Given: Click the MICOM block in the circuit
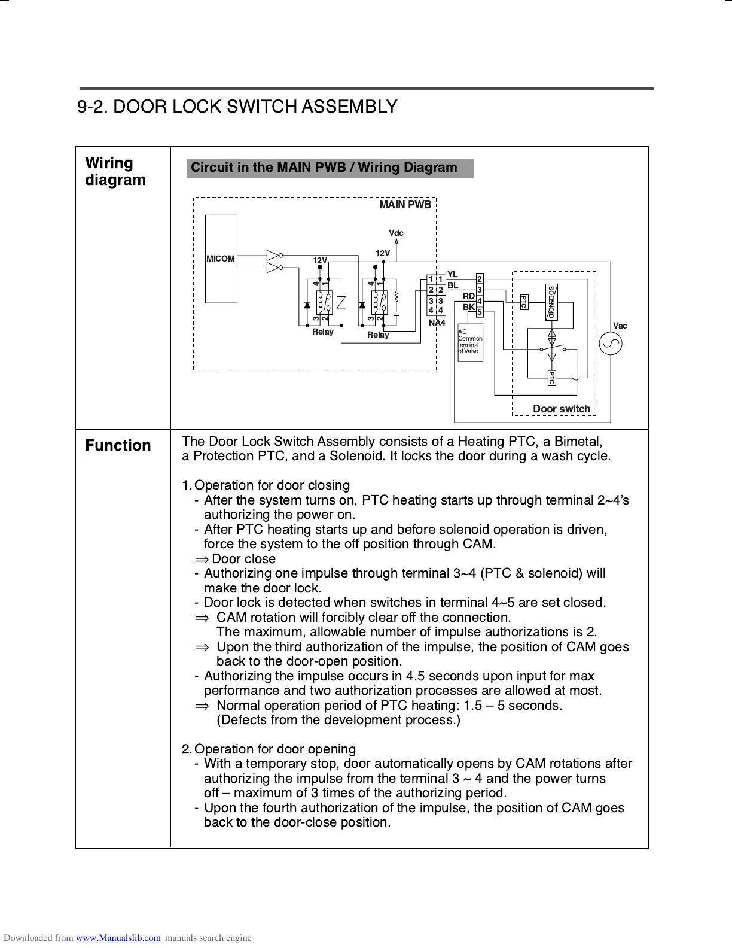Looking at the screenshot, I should [x=221, y=259].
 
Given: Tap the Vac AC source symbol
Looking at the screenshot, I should [x=611, y=344].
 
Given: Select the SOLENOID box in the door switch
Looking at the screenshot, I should [x=551, y=302].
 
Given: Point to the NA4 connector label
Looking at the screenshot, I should [x=437, y=323].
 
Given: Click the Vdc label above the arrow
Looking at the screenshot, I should [x=396, y=233].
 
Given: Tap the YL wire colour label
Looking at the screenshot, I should [x=453, y=275].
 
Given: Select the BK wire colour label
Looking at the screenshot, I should [x=469, y=307].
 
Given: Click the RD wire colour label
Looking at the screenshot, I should [x=469, y=296].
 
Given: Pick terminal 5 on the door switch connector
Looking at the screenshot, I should [x=480, y=312].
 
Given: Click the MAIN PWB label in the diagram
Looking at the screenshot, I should [x=405, y=205].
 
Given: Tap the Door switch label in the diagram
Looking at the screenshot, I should [x=561, y=409].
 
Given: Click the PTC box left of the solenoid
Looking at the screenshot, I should [x=523, y=302].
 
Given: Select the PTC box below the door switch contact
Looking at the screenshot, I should [x=551, y=378].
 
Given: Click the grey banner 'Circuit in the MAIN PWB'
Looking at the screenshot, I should [x=330, y=168].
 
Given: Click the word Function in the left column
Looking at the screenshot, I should [x=118, y=446].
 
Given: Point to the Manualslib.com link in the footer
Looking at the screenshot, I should [x=118, y=938].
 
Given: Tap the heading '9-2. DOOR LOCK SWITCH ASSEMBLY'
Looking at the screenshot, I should [x=237, y=107].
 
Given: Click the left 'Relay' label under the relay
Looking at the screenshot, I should [x=323, y=332].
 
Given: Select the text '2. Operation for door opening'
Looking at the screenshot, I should [x=269, y=749].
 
